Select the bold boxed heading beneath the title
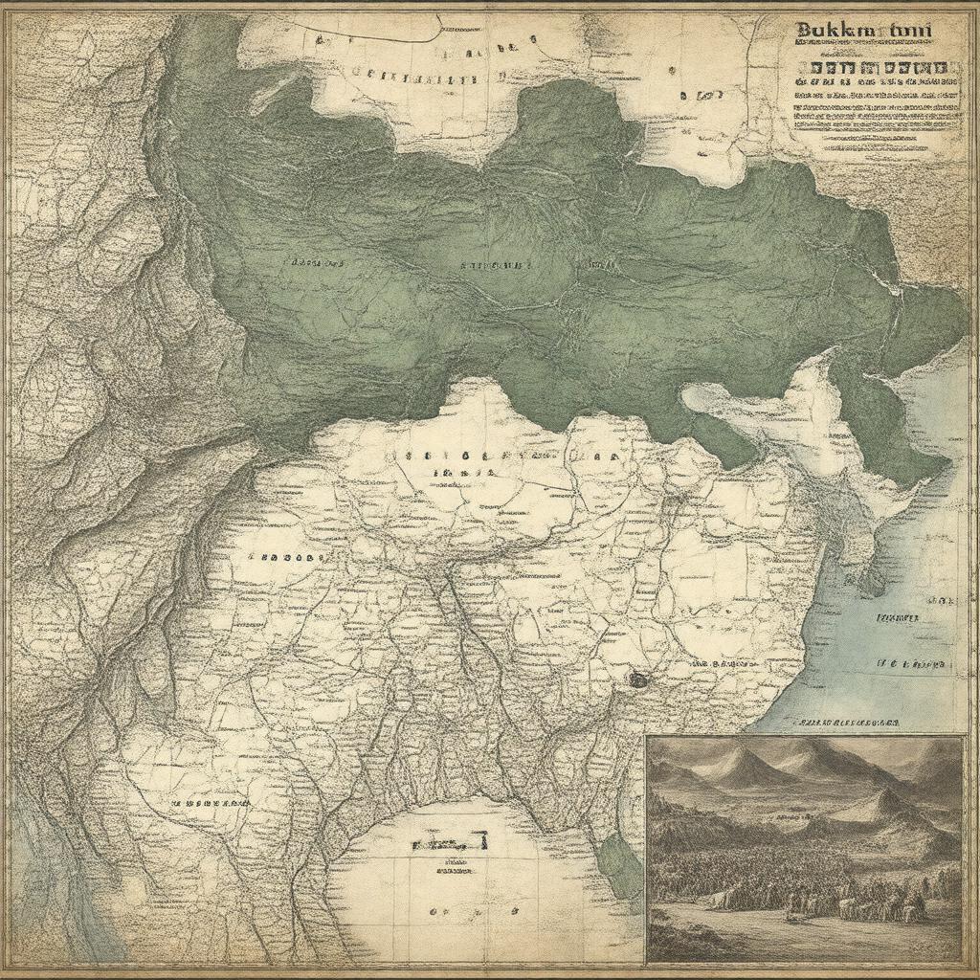(880, 69)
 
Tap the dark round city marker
(637, 679)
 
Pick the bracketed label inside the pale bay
(449, 842)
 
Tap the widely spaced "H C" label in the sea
(913, 663)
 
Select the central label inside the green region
(494, 264)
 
